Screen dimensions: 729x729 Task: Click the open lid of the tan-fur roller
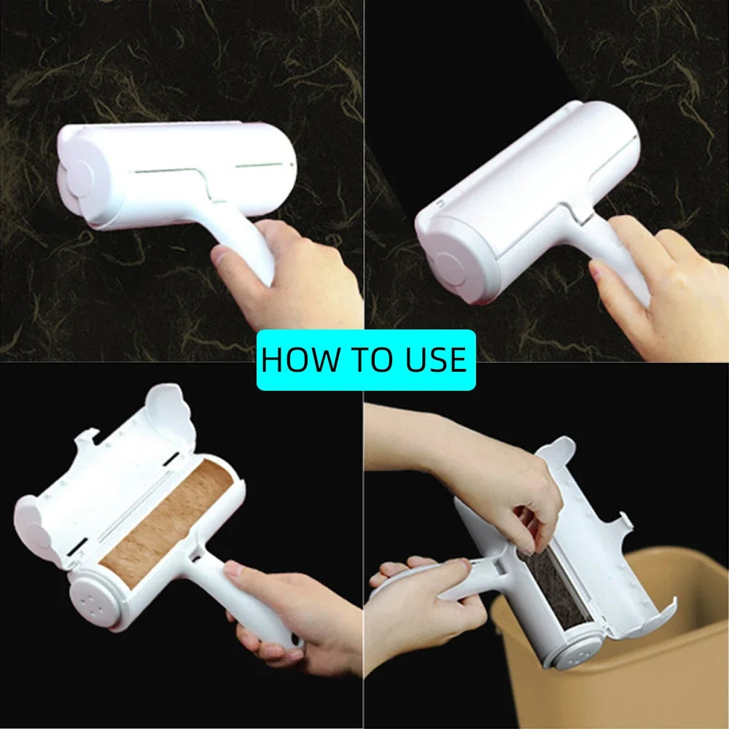pyautogui.click(x=102, y=481)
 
